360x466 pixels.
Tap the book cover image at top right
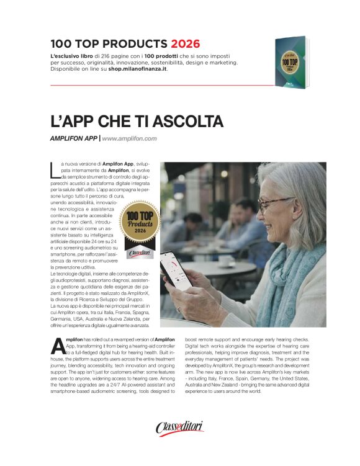(x=291, y=61)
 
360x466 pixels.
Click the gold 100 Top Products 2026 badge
(x=140, y=225)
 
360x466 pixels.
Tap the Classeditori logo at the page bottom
(x=179, y=428)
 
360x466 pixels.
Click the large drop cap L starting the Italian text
(x=53, y=169)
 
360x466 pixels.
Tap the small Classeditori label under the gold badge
(x=139, y=253)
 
